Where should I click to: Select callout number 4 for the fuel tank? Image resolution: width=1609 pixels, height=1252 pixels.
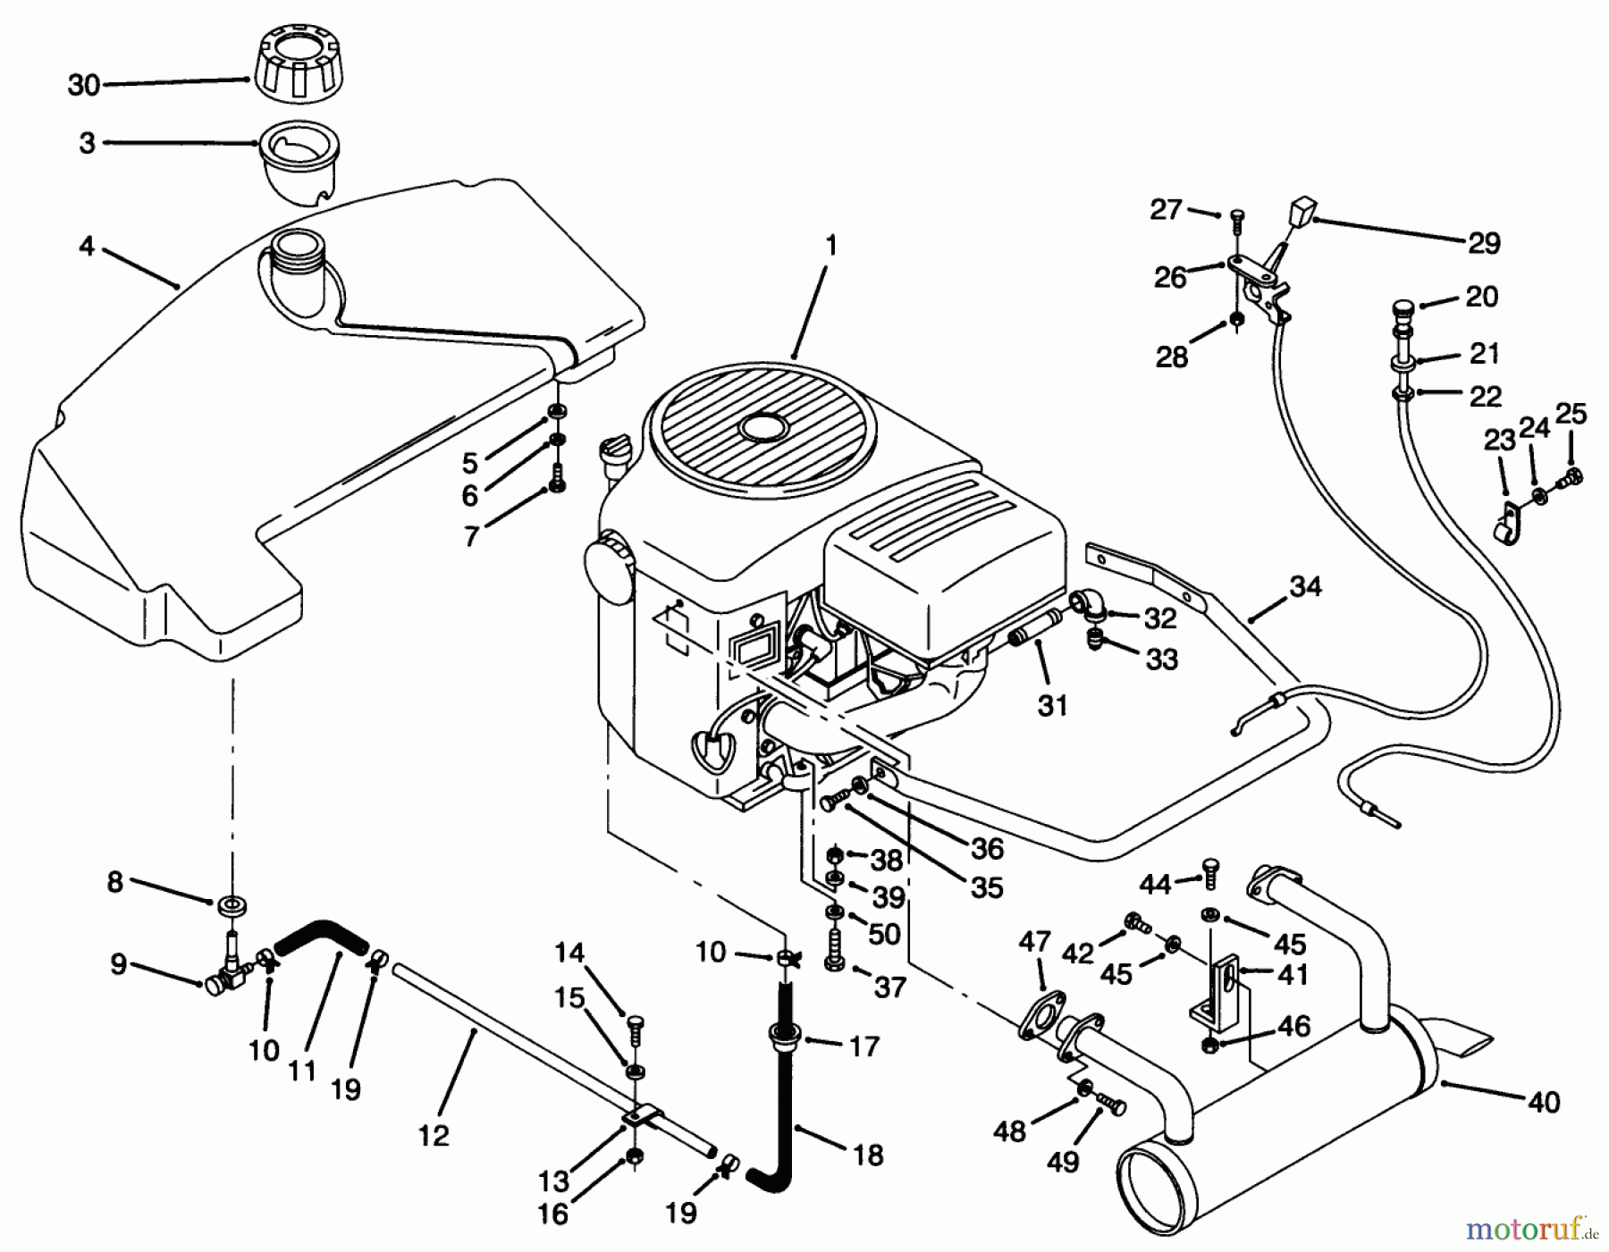point(86,245)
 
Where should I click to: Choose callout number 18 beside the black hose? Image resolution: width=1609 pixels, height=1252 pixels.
point(868,1155)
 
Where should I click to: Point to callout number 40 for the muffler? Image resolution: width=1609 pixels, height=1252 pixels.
point(1544,1102)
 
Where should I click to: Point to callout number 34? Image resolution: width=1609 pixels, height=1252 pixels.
point(1306,586)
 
